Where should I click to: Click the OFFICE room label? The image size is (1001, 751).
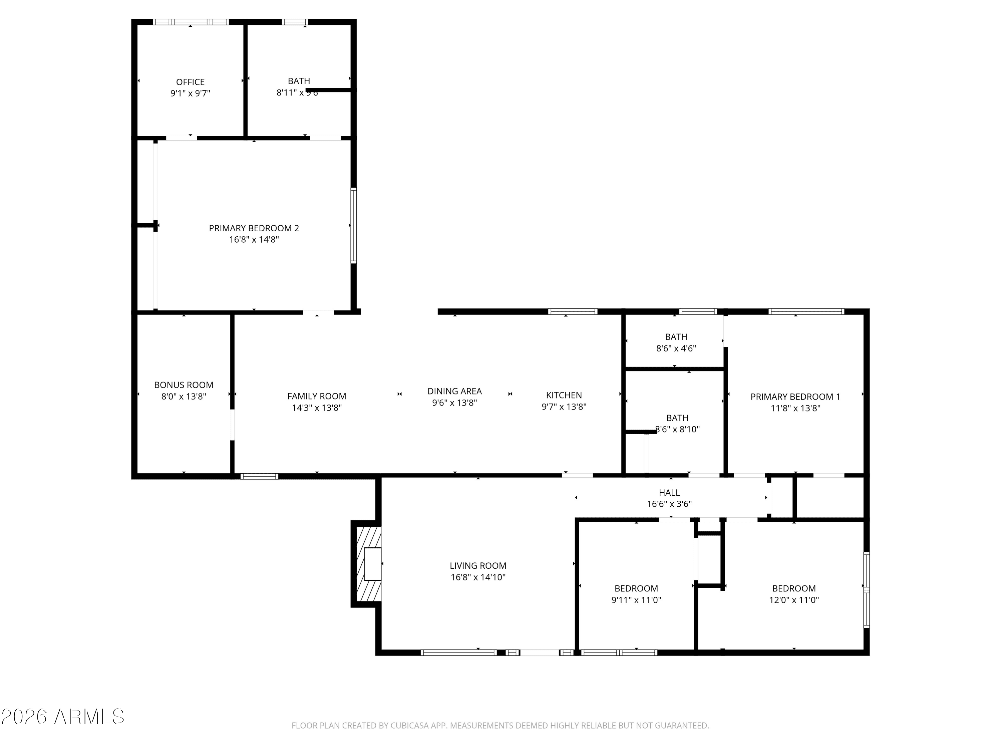point(190,82)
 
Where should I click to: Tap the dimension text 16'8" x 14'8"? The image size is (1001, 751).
point(254,239)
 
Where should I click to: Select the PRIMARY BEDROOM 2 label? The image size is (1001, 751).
point(254,228)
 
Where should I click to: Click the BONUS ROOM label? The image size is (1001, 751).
point(184,385)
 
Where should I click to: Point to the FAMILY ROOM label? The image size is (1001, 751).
point(317,396)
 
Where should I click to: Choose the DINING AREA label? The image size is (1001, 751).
point(454,391)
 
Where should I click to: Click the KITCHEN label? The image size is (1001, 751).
point(564,395)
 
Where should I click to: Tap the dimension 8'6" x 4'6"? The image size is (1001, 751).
point(676,348)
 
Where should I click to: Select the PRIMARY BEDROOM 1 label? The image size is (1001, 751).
point(795,397)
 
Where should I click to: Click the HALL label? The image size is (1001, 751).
point(669,493)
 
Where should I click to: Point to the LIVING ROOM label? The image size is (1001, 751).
point(478,565)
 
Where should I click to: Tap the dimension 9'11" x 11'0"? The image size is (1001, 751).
point(636,600)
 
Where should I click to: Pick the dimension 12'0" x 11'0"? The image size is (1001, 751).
point(794,600)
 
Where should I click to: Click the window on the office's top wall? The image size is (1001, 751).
point(191,22)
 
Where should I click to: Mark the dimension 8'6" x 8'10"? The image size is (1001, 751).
point(677,429)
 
